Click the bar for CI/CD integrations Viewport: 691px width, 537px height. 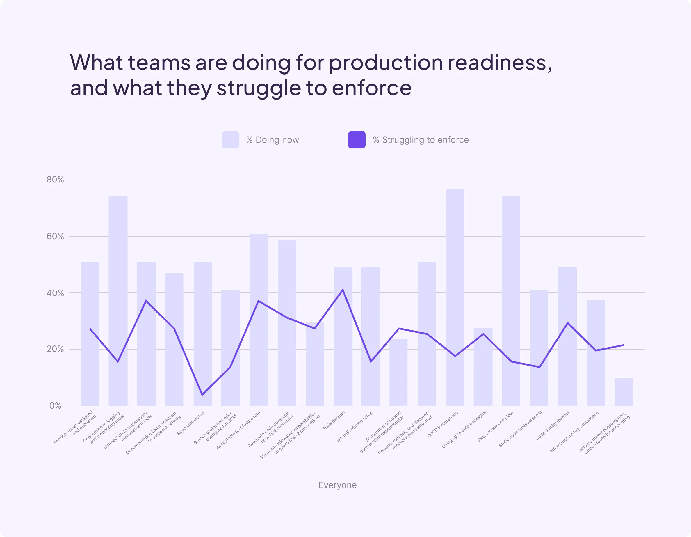pos(455,298)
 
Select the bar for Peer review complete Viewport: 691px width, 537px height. pos(511,301)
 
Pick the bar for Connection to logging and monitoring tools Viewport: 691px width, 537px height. pos(118,301)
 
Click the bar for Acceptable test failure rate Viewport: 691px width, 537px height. pos(259,320)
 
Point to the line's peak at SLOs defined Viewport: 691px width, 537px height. pos(343,289)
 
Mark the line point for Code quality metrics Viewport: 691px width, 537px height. pos(568,323)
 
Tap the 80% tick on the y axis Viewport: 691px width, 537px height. pos(55,180)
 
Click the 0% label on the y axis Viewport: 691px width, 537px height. pos(55,406)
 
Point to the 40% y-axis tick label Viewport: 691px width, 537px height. pos(55,293)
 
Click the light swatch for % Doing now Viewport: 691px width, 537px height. pos(230,140)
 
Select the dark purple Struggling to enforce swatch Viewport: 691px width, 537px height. pos(357,140)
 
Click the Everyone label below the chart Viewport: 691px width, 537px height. pos(337,485)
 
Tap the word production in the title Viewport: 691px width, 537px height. pos(385,63)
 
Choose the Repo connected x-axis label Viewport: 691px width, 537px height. pos(190,423)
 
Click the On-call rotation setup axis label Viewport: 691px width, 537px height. pos(354,426)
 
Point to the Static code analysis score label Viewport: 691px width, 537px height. pos(520,429)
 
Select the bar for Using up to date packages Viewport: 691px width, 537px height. pos(483,367)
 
